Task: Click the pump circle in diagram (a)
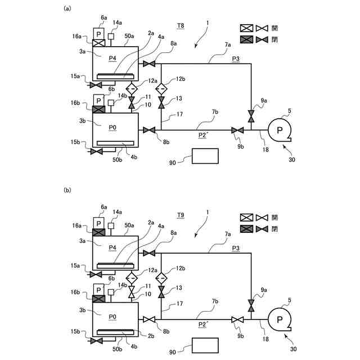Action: (x=280, y=130)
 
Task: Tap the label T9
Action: (x=181, y=215)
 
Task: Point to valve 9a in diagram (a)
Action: (x=251, y=116)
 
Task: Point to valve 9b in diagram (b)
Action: (x=238, y=319)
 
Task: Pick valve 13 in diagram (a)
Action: (x=161, y=103)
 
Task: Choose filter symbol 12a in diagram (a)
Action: (x=132, y=89)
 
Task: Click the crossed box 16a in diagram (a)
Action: (x=99, y=43)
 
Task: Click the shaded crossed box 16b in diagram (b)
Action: (x=99, y=298)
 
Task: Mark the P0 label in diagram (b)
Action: (x=113, y=317)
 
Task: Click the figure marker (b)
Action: (x=67, y=191)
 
